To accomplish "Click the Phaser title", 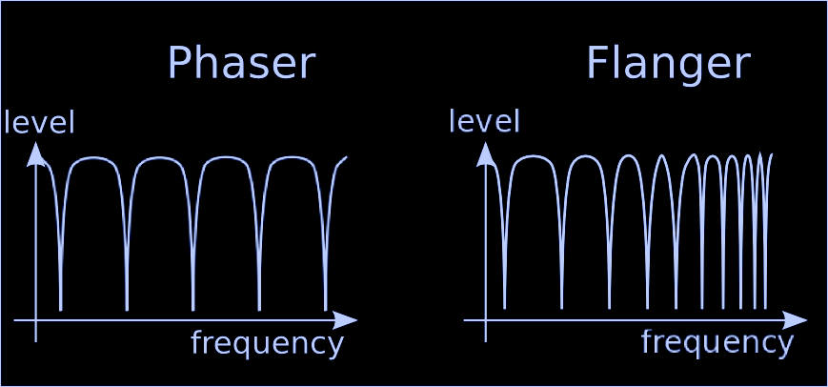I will (240, 64).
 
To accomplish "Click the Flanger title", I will (667, 64).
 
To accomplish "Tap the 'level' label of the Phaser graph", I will (39, 123).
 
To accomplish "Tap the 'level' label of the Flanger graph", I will (484, 122).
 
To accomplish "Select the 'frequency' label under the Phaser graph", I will (267, 343).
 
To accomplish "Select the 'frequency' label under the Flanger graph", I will (717, 341).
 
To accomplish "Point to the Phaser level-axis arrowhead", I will (36, 153).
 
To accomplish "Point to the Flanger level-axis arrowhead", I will (486, 153).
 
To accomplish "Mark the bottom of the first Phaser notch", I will (61, 309).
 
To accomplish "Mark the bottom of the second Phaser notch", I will (127, 309).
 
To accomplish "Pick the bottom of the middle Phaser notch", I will (193, 309).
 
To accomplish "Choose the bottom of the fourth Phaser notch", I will (259, 309).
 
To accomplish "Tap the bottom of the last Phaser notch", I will (325, 309).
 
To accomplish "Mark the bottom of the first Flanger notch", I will (505, 307).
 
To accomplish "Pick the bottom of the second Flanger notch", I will (562, 307).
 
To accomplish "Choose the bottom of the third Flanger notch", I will (610, 307).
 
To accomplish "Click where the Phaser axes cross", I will (36, 320).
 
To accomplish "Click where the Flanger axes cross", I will (486, 320).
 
